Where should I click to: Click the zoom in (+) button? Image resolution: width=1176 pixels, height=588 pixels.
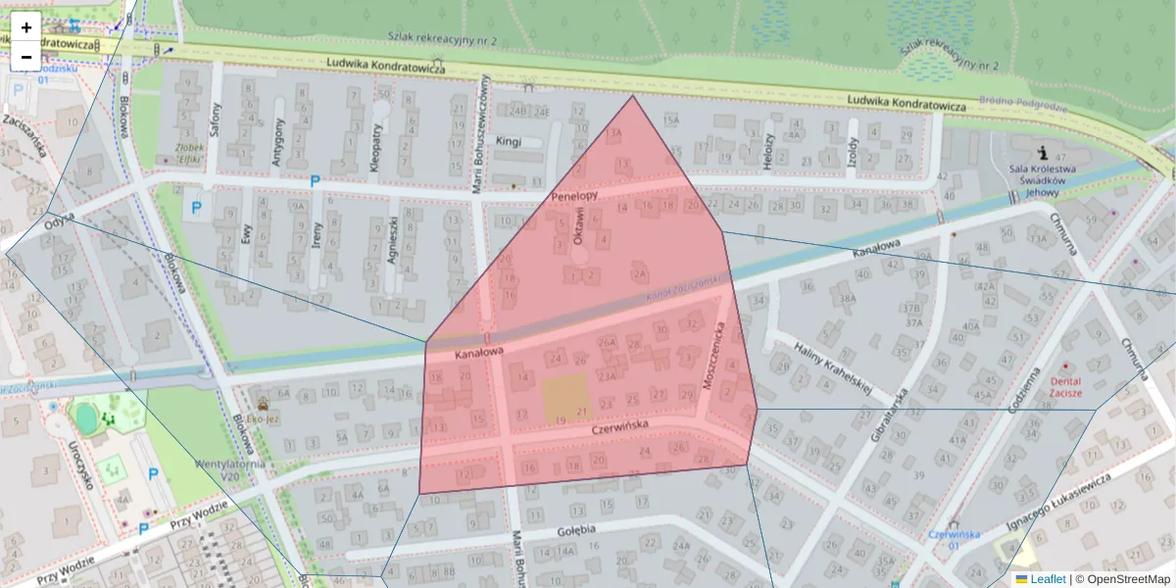pyautogui.click(x=26, y=27)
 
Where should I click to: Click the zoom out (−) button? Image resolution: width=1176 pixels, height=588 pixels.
pyautogui.click(x=26, y=56)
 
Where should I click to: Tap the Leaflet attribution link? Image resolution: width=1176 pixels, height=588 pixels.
pyautogui.click(x=1048, y=579)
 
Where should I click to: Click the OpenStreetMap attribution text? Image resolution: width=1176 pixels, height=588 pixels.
pyautogui.click(x=1122, y=579)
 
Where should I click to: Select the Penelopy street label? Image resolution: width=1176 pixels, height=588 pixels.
pyautogui.click(x=573, y=196)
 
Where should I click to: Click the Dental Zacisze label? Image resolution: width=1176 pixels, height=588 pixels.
pyautogui.click(x=1066, y=386)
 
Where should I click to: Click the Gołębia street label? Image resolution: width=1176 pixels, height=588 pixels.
pyautogui.click(x=576, y=530)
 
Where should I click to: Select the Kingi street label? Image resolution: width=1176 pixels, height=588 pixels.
pyautogui.click(x=509, y=141)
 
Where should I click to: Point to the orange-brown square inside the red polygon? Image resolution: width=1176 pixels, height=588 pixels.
pyautogui.click(x=565, y=398)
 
